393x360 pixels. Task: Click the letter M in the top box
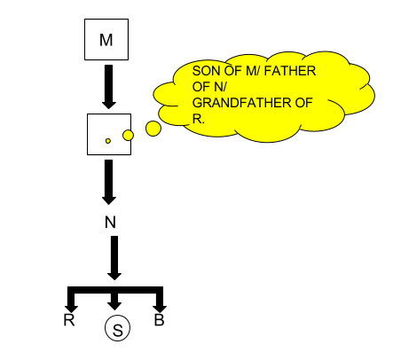click(x=106, y=40)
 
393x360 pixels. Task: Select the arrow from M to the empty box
click(x=109, y=87)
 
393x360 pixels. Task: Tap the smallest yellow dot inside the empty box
click(x=108, y=141)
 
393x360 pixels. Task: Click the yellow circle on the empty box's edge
click(x=128, y=136)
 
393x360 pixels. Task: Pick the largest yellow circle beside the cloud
click(x=153, y=129)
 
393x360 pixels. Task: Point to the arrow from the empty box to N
click(x=109, y=182)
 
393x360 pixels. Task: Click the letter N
click(x=110, y=222)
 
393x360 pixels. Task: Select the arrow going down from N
click(x=114, y=258)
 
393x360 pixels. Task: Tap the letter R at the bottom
click(x=69, y=320)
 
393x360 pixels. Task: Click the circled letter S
click(x=117, y=328)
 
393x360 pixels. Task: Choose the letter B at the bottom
click(x=159, y=319)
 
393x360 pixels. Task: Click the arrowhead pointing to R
click(x=71, y=309)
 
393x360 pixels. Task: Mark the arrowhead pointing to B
click(x=160, y=309)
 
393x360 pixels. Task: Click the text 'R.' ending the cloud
click(x=199, y=119)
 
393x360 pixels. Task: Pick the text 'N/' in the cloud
click(x=219, y=87)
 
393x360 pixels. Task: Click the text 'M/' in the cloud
click(x=253, y=71)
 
